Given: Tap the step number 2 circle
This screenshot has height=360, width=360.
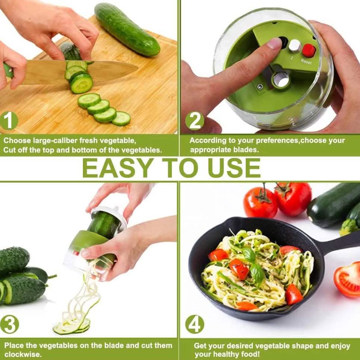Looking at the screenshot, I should click(195, 121).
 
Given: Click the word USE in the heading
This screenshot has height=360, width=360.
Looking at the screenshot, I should click(234, 168).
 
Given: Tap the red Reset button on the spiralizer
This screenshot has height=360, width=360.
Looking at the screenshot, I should click(309, 50).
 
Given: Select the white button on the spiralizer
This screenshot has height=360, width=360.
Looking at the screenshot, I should click(295, 46).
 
